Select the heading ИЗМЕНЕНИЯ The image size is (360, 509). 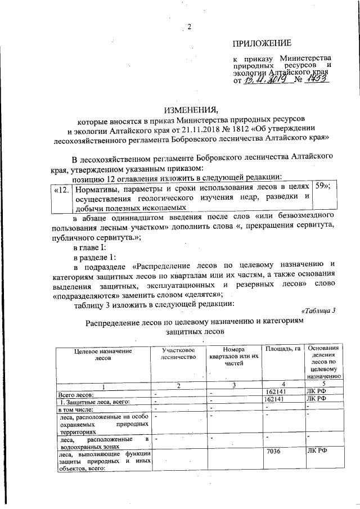pos(189,109)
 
